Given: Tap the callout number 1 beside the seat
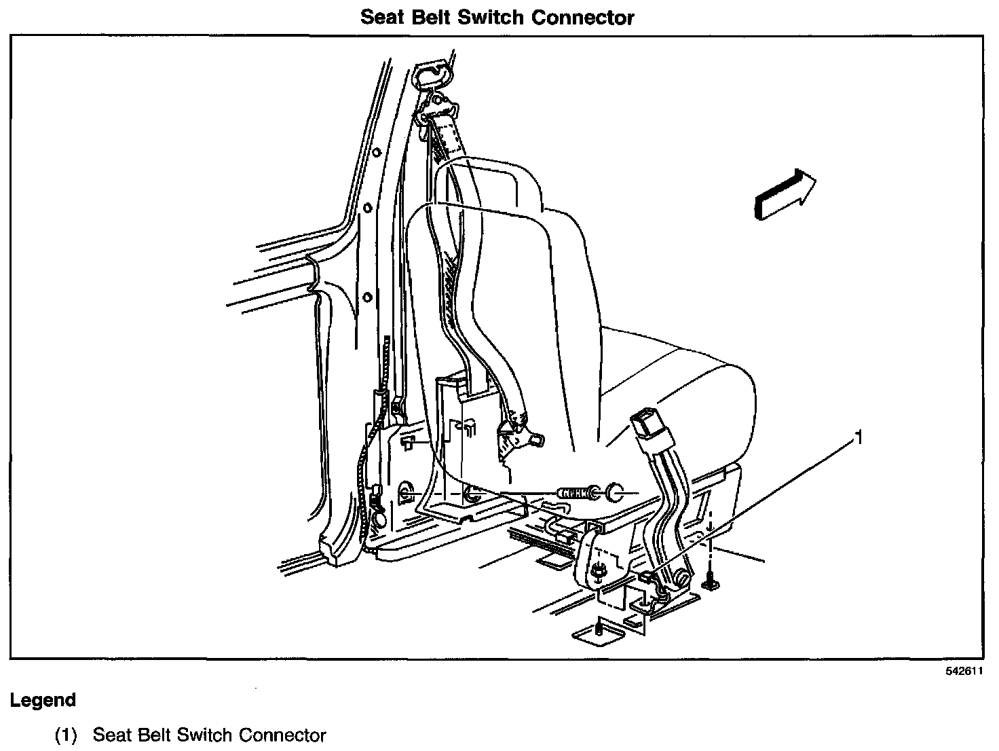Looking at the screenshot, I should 859,438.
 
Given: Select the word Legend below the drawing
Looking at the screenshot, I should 43,699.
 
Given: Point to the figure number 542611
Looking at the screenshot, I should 964,671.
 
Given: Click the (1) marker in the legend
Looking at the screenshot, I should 67,735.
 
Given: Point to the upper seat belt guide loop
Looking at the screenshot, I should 433,73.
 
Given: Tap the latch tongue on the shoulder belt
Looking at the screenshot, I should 519,435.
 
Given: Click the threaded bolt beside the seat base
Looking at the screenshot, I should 574,492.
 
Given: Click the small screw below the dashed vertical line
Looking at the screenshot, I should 711,581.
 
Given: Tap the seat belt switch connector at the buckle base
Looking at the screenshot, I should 648,576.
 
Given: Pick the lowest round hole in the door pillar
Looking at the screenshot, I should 367,297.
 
